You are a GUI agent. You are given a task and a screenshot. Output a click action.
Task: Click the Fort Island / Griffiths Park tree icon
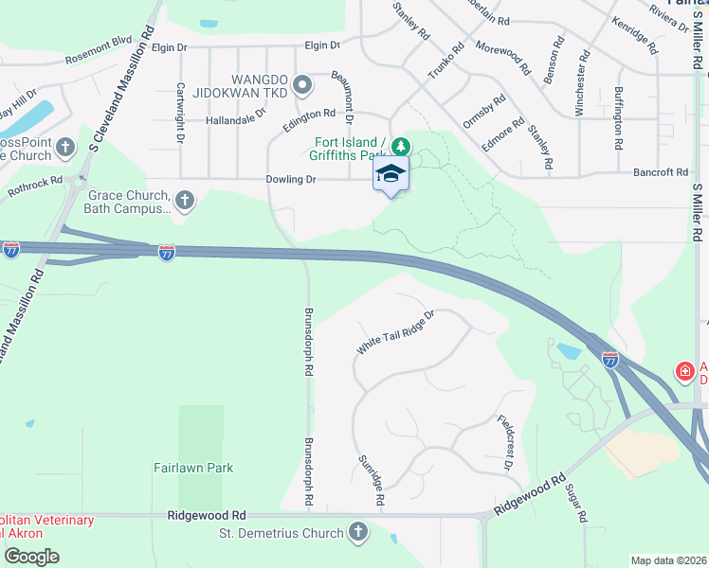(402, 146)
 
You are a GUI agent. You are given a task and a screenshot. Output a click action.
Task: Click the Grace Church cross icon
(185, 200)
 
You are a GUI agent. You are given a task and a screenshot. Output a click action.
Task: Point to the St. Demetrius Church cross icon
(358, 532)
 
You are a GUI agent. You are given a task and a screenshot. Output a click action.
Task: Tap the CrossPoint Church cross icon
(65, 147)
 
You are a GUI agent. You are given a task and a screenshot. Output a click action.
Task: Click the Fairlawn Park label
(193, 468)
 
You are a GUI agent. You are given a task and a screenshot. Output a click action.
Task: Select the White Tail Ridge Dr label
(394, 332)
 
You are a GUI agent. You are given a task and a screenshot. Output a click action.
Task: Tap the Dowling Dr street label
(299, 178)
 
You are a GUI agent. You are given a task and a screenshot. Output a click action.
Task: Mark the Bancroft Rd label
(662, 172)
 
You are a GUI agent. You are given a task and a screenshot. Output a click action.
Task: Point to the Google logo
(32, 557)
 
